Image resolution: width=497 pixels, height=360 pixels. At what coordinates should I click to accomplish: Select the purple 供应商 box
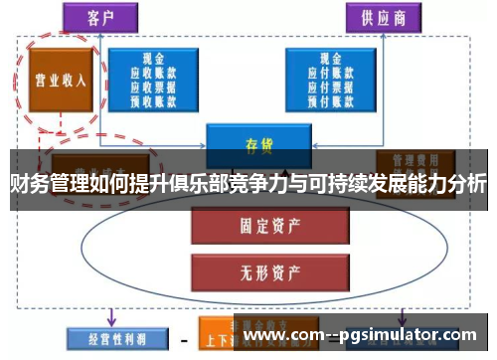(x=382, y=17)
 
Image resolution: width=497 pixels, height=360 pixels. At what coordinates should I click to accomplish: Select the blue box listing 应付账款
(x=332, y=80)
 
